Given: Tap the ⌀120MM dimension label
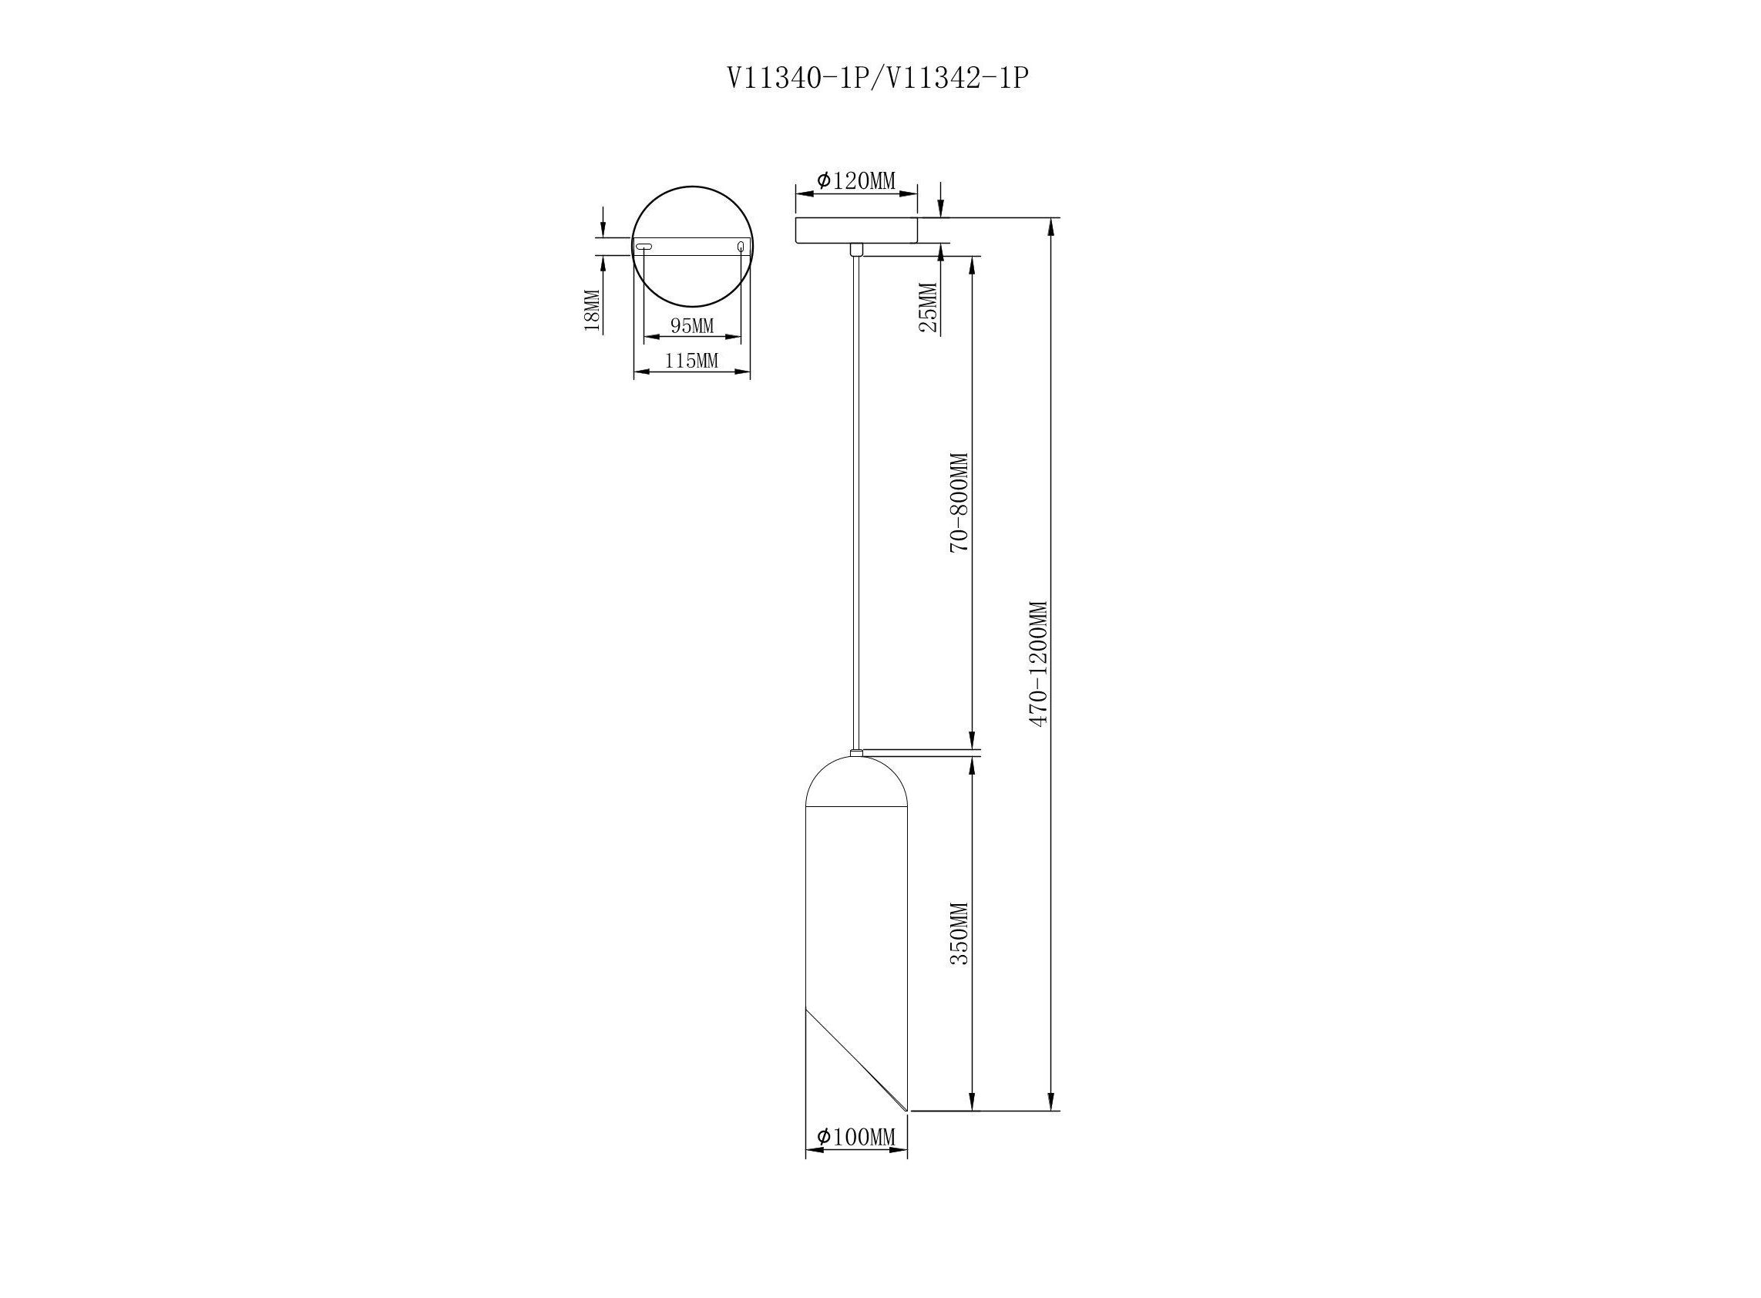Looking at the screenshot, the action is click(856, 180).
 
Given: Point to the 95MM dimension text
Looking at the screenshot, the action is click(692, 324).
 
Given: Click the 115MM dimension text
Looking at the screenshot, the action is click(692, 361).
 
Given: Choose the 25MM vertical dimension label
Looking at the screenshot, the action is click(928, 308).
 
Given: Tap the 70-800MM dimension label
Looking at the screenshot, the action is click(959, 503).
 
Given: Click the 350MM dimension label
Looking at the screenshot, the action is click(959, 933).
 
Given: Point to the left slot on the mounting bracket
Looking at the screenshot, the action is click(644, 247).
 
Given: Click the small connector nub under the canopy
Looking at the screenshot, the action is click(856, 249).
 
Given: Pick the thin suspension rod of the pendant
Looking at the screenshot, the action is click(856, 503).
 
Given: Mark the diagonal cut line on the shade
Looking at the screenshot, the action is click(856, 1058).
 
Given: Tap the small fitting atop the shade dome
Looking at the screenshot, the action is click(856, 753).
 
